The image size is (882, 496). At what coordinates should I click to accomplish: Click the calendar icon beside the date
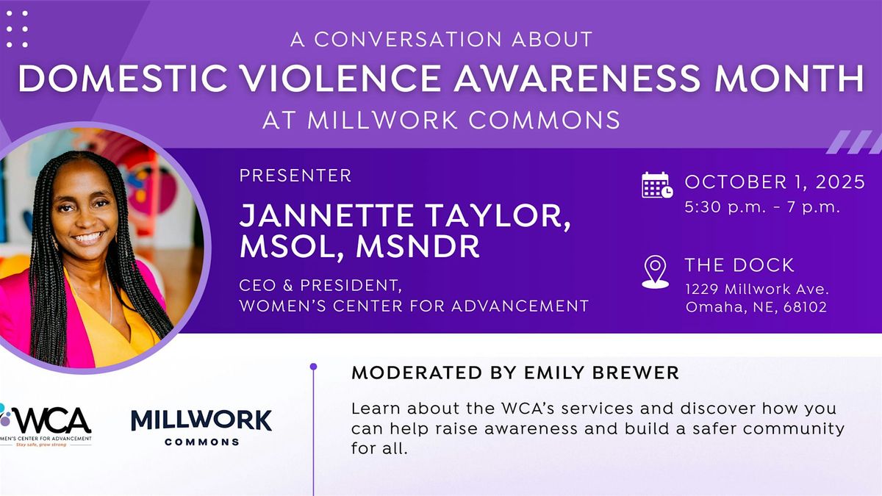[657, 185]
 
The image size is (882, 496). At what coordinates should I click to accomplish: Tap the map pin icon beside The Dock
[655, 272]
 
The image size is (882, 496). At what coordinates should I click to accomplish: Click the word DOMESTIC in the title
[123, 78]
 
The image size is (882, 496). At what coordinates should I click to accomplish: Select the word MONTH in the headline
[789, 78]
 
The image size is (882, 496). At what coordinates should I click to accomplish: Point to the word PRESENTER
[295, 176]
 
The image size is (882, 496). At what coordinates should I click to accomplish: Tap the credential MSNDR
[417, 246]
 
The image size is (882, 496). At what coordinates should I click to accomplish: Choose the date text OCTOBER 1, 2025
[775, 182]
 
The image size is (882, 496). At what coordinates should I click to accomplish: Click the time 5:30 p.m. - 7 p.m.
[762, 207]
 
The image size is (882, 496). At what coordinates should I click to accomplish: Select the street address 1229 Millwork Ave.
[757, 290]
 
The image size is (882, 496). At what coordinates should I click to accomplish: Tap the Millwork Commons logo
[201, 428]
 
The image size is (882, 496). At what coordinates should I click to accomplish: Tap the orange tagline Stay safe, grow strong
[41, 445]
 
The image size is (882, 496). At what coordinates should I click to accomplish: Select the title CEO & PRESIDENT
[320, 286]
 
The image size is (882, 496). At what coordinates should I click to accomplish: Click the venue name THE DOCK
[739, 265]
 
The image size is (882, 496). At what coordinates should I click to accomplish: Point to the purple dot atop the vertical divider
[313, 367]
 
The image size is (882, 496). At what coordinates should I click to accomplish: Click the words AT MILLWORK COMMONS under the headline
[441, 120]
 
